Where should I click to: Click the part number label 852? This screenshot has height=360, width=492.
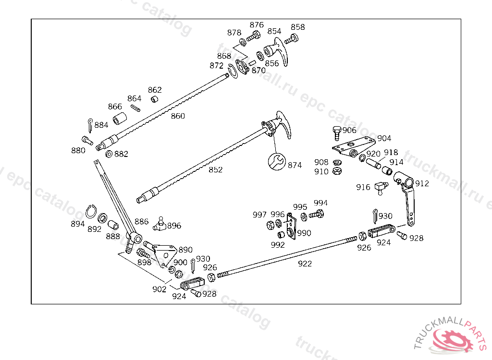click(216, 169)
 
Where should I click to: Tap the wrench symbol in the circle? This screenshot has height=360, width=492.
click(277, 162)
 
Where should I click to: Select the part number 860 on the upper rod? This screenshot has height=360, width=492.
click(178, 116)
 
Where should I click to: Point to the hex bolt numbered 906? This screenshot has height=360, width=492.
click(337, 133)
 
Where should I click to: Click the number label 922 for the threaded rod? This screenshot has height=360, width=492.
click(305, 264)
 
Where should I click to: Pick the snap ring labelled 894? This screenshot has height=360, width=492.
click(91, 212)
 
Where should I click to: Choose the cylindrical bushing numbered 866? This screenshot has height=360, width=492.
click(120, 118)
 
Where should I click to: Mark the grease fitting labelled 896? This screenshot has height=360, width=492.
click(160, 224)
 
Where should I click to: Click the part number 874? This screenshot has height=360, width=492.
click(295, 165)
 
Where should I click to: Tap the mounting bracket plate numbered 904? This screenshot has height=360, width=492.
click(354, 147)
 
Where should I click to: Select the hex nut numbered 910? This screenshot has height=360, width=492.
click(337, 171)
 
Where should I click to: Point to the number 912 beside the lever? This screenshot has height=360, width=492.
click(422, 183)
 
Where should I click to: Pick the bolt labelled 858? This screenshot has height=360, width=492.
click(291, 39)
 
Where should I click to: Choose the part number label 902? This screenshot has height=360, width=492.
click(160, 289)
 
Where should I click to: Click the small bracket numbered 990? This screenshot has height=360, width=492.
click(292, 226)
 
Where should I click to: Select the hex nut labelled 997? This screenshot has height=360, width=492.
click(270, 225)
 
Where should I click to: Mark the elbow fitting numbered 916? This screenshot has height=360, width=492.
click(381, 188)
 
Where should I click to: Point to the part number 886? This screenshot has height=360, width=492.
click(142, 222)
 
